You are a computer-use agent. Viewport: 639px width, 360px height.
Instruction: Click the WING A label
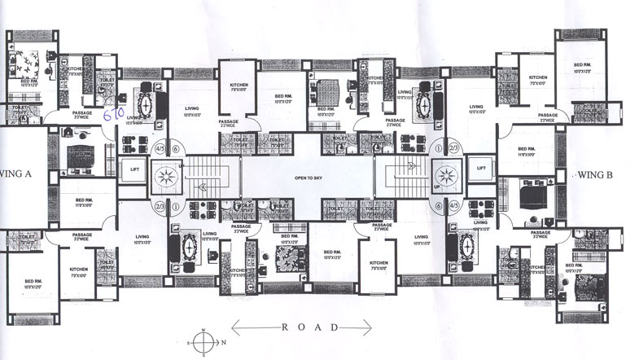click(19, 173)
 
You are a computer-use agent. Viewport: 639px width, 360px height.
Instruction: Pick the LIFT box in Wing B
click(482, 168)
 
